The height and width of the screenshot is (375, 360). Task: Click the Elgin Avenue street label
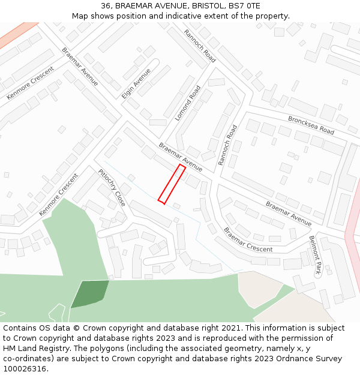click(136, 83)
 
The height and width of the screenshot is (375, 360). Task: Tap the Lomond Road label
click(188, 103)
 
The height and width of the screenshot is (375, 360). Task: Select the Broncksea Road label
click(310, 125)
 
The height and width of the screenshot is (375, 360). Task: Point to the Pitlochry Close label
click(112, 187)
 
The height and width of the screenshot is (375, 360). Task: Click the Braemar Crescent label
click(248, 239)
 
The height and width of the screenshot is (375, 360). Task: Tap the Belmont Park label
click(315, 255)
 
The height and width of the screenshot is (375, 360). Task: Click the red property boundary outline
click(171, 183)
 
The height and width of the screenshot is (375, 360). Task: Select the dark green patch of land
click(90, 293)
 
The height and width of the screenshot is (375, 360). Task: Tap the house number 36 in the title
click(106, 6)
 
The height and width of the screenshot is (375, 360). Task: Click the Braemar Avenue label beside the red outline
click(180, 157)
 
